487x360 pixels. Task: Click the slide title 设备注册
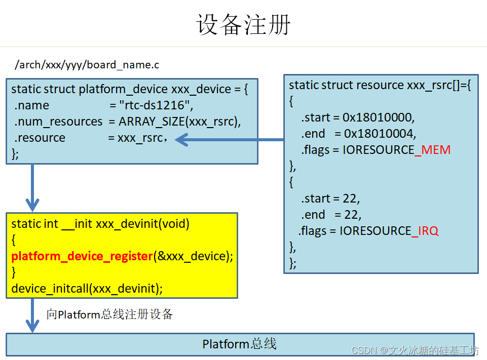tap(243, 24)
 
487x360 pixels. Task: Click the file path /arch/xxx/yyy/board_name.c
tap(87, 65)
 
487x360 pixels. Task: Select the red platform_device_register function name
tap(82, 256)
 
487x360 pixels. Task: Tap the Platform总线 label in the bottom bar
tap(240, 344)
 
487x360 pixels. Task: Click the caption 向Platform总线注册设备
tap(110, 314)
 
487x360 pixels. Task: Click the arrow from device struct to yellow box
tap(32, 187)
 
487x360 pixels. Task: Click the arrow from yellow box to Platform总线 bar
tap(32, 315)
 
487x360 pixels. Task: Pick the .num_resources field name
tap(58, 122)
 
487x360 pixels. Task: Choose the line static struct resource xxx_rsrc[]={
tap(380, 85)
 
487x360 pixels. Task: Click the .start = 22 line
tap(330, 198)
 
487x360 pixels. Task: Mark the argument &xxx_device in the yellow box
tap(192, 256)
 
